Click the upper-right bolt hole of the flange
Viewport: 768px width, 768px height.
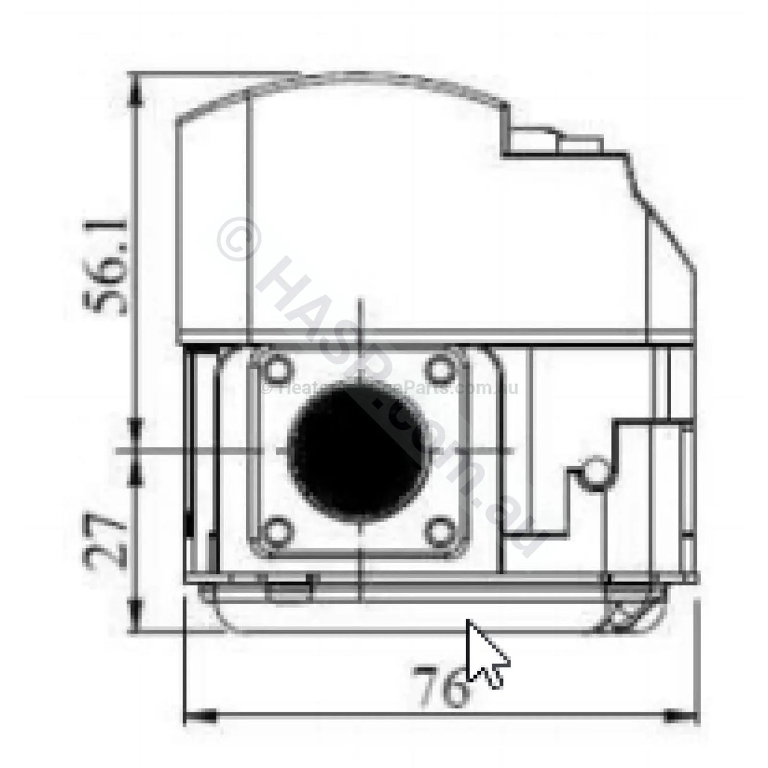(440, 369)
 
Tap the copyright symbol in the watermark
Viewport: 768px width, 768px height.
(238, 241)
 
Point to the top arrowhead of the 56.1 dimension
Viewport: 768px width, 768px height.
(134, 89)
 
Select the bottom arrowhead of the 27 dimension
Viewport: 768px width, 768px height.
(134, 617)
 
